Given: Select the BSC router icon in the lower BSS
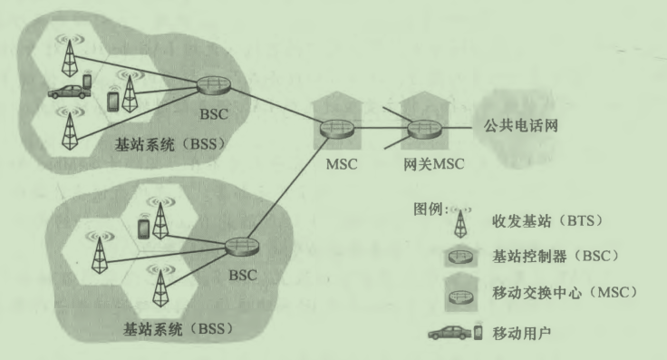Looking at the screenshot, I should [x=239, y=246].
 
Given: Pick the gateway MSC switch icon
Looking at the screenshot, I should [x=421, y=128].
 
